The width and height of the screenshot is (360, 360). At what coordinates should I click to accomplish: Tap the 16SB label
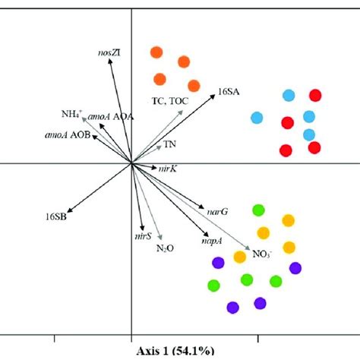(55, 216)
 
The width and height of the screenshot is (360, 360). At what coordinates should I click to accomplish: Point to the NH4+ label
(72, 115)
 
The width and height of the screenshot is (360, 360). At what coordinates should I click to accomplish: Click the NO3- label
(262, 254)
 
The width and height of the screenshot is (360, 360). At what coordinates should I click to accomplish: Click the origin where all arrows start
(132, 163)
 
